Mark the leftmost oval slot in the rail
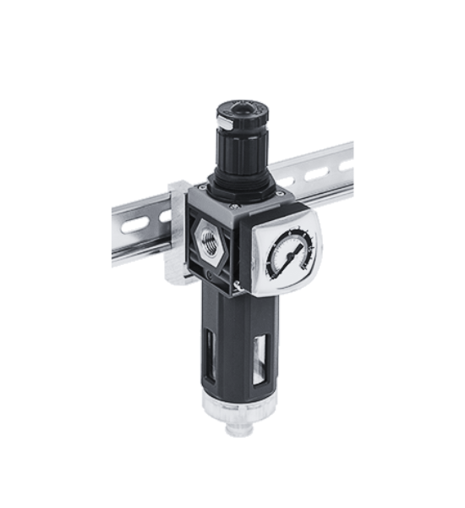pyautogui.click(x=134, y=226)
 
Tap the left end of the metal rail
pyautogui.click(x=118, y=237)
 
